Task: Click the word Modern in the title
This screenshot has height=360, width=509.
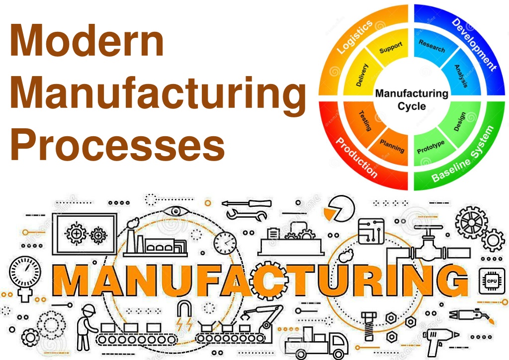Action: pos(87,41)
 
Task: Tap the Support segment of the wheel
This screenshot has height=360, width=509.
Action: pos(391,48)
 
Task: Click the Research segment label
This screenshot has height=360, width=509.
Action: pos(432,46)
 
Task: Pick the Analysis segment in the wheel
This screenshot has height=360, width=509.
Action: pos(461,76)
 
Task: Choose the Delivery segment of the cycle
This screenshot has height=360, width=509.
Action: pos(362,75)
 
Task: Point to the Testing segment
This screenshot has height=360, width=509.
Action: pos(365,121)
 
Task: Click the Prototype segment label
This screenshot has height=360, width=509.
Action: pos(431,147)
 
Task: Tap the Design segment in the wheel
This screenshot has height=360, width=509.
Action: pos(460,122)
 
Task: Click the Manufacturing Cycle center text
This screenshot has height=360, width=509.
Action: pos(412,99)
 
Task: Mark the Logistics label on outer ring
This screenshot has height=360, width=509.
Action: pos(354,37)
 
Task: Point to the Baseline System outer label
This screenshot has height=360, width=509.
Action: pos(463,154)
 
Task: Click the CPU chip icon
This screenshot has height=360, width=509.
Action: pos(492,281)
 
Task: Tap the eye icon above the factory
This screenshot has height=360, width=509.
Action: pos(175,212)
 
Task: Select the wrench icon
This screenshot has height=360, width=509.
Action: pos(247,215)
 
